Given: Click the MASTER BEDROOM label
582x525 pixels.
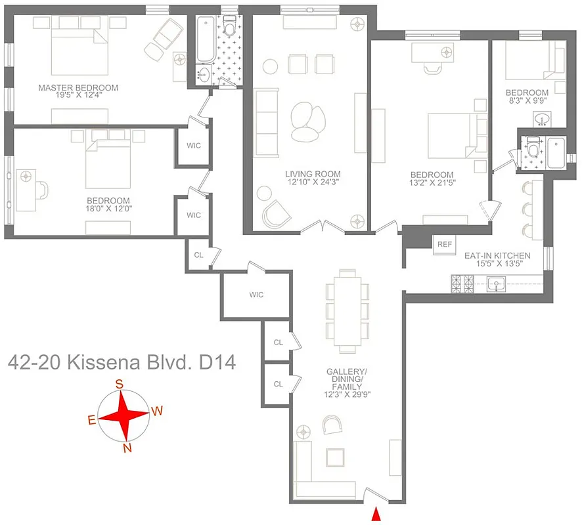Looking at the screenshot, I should [78, 88].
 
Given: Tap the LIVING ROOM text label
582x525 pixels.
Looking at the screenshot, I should [313, 175].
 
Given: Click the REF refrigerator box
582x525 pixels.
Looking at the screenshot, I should [445, 244].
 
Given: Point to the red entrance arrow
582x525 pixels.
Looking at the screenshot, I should [376, 514].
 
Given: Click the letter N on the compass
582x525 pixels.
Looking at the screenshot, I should [127, 448].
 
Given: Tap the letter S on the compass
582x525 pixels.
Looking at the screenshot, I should [120, 384].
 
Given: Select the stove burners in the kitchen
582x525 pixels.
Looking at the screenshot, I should [462, 284].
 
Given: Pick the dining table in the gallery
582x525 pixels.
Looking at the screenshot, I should [347, 310].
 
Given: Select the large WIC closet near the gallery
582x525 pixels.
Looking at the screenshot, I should [256, 295].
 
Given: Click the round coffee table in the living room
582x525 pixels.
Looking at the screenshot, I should [307, 120].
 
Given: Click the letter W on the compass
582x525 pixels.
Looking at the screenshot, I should [157, 411].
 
